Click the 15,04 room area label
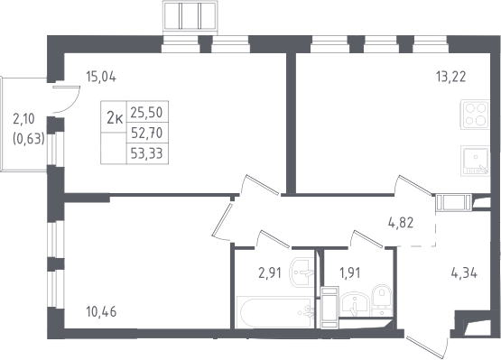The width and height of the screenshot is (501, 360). click(x=101, y=77)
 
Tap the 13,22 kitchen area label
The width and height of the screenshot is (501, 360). click(x=450, y=77)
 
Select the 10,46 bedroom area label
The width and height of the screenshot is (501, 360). click(x=101, y=312)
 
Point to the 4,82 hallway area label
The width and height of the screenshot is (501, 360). click(x=401, y=223)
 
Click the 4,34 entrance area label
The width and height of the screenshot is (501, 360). click(x=464, y=273)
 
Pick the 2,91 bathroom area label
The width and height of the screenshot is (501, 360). click(x=270, y=273)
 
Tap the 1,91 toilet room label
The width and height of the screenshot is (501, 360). click(x=350, y=273)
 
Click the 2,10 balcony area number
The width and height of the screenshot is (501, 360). click(x=23, y=119)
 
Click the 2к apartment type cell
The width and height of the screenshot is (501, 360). click(x=114, y=118)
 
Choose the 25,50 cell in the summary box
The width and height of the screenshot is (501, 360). click(x=146, y=113)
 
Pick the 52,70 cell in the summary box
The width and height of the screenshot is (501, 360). click(x=147, y=133)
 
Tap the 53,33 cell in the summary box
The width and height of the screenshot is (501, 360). click(x=146, y=153)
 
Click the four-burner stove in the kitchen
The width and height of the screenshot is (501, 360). click(x=475, y=115)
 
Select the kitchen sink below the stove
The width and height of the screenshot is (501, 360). click(x=475, y=161)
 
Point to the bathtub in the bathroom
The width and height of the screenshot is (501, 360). click(x=274, y=312)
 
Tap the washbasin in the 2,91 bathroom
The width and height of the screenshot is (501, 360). click(x=302, y=272)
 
